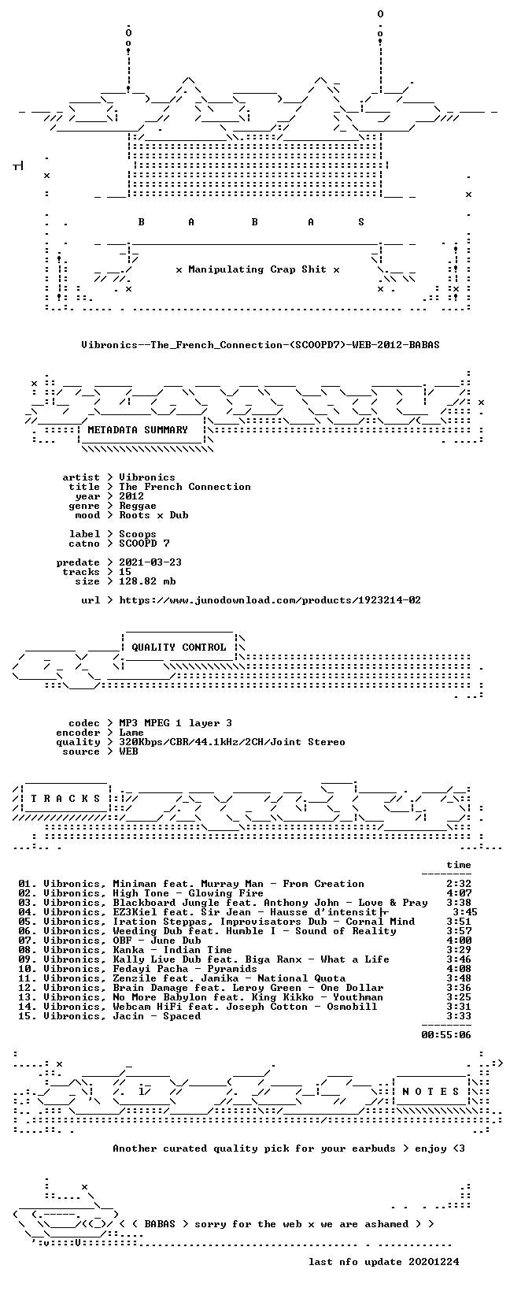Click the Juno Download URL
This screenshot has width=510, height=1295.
pyautogui.click(x=270, y=600)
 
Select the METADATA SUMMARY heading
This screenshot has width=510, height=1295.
pyautogui.click(x=138, y=429)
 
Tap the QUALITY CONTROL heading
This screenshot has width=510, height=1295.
pyautogui.click(x=179, y=647)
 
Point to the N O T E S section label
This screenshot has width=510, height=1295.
pyautogui.click(x=431, y=1092)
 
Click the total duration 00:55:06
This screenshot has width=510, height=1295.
pyautogui.click(x=446, y=1035)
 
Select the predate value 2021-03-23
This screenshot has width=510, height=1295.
pyautogui.click(x=150, y=562)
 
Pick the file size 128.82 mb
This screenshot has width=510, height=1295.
pyautogui.click(x=147, y=581)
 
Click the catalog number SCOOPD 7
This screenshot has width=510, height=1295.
pyautogui.click(x=144, y=544)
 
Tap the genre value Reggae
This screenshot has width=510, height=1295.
pyautogui.click(x=138, y=506)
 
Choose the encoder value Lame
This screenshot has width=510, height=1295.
pyautogui.click(x=131, y=733)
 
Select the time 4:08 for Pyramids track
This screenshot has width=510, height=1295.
pyautogui.click(x=459, y=968)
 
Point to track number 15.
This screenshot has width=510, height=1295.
pyautogui.click(x=27, y=1016)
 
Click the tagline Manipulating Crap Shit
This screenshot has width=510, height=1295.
pyautogui.click(x=257, y=269)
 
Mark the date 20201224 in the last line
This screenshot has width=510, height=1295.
pyautogui.click(x=434, y=1261)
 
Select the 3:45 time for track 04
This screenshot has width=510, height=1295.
pyautogui.click(x=465, y=912)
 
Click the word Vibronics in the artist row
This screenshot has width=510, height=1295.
pyautogui.click(x=146, y=477)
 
